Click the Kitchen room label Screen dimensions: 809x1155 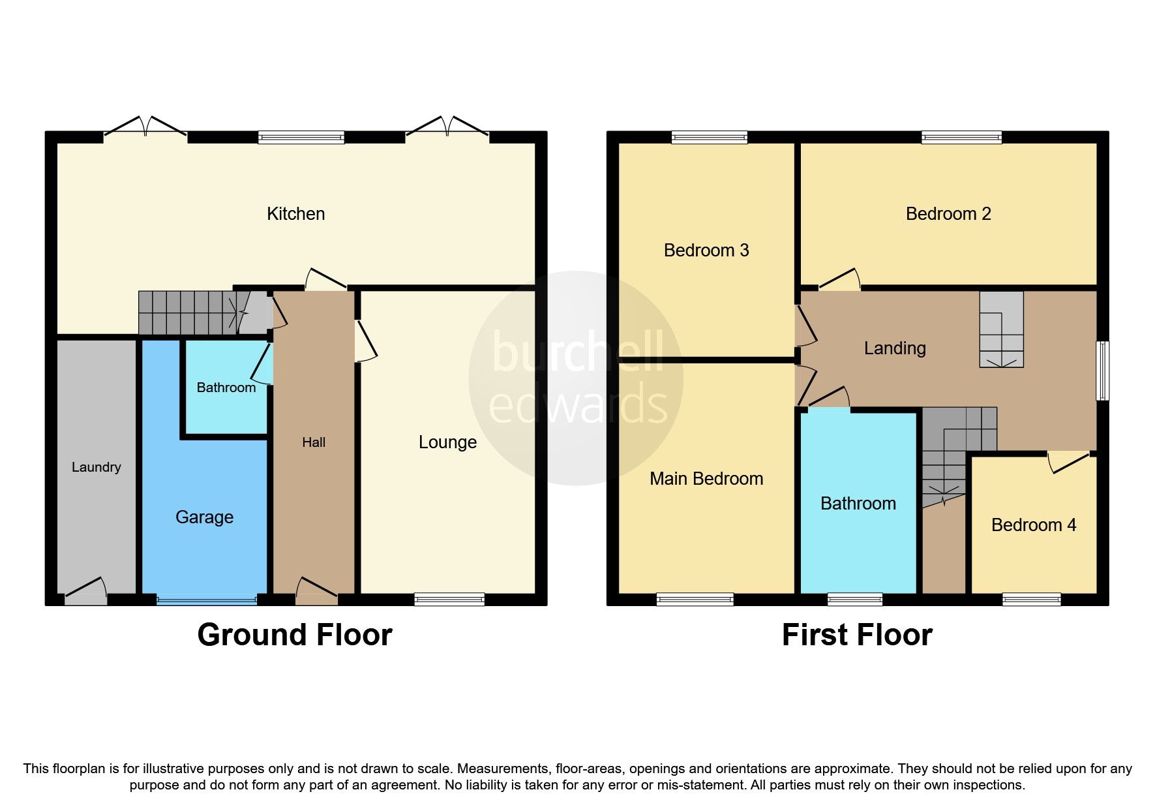click(295, 214)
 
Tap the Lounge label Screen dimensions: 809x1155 click(447, 442)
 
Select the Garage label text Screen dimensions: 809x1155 click(204, 517)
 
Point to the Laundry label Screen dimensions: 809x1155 click(96, 467)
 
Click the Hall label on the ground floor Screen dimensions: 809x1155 click(314, 442)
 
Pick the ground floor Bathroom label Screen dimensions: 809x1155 click(226, 388)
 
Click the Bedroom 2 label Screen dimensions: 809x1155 click(948, 214)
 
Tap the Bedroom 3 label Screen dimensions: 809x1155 click(706, 251)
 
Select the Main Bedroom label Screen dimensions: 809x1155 click(706, 479)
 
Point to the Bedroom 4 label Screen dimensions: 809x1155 click(1034, 525)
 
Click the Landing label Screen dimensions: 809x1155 click(895, 348)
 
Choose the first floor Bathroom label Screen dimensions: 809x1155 click(858, 504)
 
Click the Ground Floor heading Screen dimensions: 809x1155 click(295, 635)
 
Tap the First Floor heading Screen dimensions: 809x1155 click(857, 635)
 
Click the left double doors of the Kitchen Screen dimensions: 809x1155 click(145, 127)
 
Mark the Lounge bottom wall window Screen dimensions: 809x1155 click(449, 599)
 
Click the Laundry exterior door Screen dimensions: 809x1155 click(85, 590)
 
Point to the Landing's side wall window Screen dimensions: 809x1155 click(1102, 370)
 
